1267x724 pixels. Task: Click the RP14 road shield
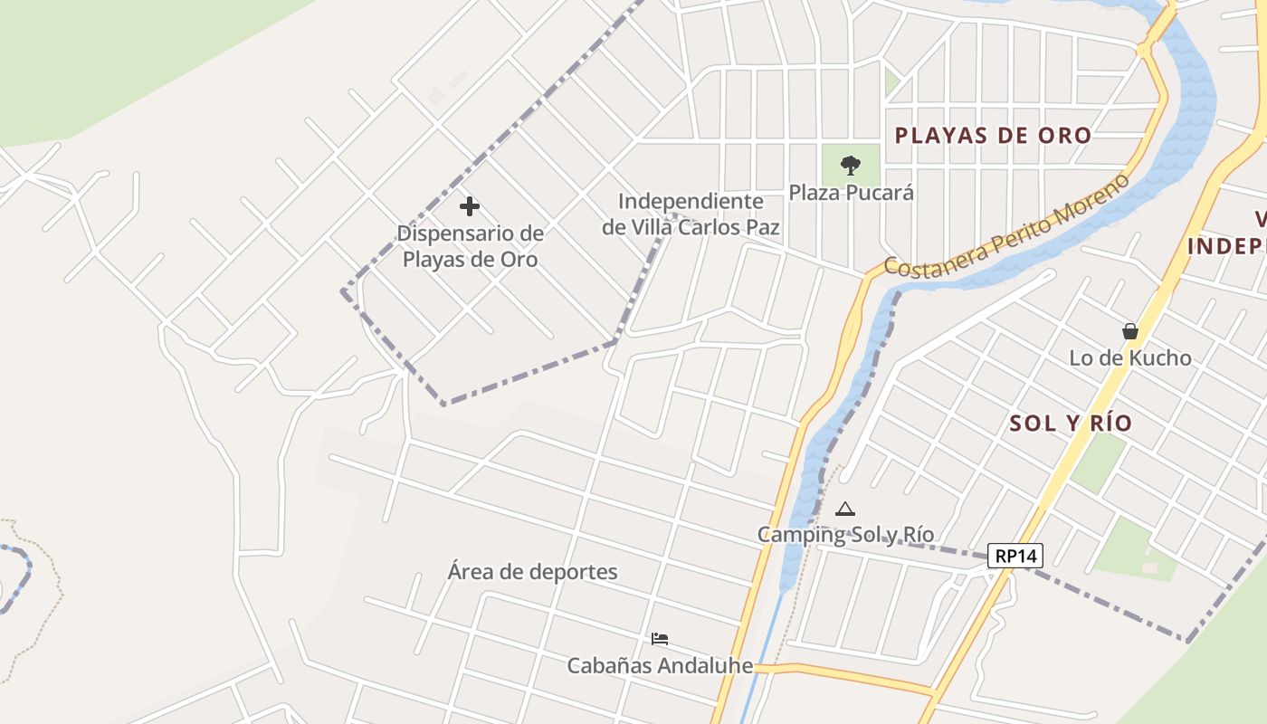pyautogui.click(x=1015, y=556)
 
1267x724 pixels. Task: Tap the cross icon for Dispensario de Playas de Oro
pyautogui.click(x=469, y=206)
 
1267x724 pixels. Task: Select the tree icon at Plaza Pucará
pyautogui.click(x=850, y=165)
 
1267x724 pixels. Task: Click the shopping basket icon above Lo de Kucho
pyautogui.click(x=1129, y=331)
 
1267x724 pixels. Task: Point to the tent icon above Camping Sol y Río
pyautogui.click(x=844, y=510)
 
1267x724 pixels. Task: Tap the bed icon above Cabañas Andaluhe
pyautogui.click(x=660, y=639)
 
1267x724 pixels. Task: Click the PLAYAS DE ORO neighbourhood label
pyautogui.click(x=993, y=136)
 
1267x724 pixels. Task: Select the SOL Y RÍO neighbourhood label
pyautogui.click(x=1071, y=423)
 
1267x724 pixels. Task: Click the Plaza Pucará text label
pyautogui.click(x=851, y=193)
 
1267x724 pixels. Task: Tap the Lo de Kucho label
pyautogui.click(x=1130, y=357)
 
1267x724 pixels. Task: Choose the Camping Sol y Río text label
pyautogui.click(x=845, y=535)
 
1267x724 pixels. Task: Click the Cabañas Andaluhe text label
pyautogui.click(x=660, y=666)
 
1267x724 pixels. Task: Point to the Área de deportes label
pyautogui.click(x=532, y=572)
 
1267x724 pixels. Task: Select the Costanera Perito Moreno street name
pyautogui.click(x=1006, y=226)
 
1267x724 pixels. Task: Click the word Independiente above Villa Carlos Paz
pyautogui.click(x=691, y=202)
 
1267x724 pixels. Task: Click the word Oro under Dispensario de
pyautogui.click(x=519, y=260)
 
